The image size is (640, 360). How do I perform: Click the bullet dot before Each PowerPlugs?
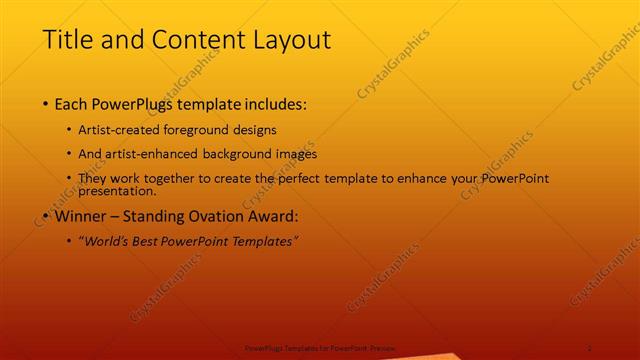tap(46, 104)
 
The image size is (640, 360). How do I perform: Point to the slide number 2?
tap(590, 346)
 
